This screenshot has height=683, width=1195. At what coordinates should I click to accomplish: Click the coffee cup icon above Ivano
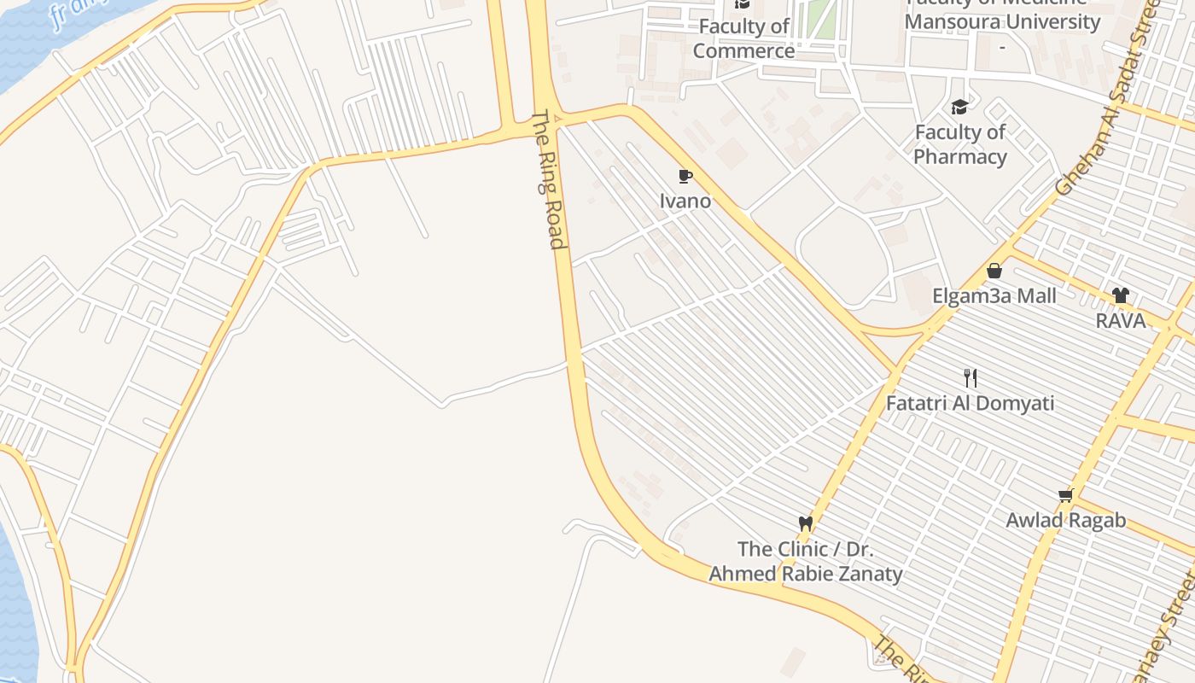[685, 177]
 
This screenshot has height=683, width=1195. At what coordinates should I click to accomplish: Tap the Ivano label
[685, 201]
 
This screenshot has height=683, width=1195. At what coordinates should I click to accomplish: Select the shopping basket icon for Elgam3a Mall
[994, 271]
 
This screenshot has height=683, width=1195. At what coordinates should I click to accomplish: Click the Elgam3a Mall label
[994, 296]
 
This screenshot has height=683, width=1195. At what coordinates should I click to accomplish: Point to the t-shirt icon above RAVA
[1121, 296]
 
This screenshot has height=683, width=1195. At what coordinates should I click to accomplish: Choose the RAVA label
[1121, 321]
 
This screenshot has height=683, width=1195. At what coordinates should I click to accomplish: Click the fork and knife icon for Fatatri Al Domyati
[970, 377]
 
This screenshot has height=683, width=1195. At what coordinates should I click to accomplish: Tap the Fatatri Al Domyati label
[970, 403]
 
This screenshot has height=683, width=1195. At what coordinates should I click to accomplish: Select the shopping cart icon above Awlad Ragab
[1065, 495]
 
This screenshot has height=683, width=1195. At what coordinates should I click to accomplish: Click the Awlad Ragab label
[1065, 520]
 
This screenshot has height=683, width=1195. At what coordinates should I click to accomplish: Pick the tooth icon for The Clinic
[805, 523]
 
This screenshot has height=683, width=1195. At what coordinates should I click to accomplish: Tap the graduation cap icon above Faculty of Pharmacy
[959, 108]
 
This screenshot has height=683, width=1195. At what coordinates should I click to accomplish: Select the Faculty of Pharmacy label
[960, 144]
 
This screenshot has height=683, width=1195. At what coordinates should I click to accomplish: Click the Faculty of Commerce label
[743, 38]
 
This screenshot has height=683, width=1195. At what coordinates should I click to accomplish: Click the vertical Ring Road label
[550, 179]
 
